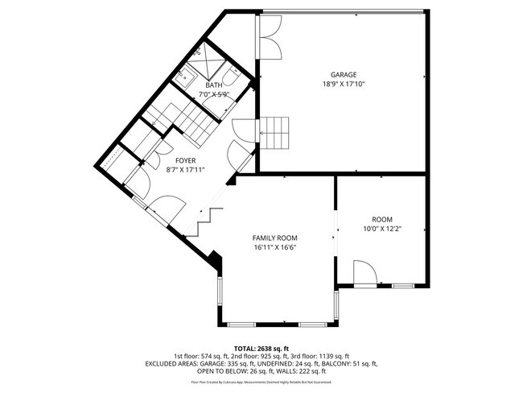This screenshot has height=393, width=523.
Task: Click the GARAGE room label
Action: coord(344,74)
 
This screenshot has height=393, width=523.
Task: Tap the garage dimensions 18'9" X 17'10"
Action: coord(344,83)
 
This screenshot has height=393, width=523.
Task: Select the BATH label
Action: coord(213,85)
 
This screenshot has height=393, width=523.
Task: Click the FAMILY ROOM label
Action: coord(275,238)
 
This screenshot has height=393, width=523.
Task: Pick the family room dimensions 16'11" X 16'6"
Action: coord(275,248)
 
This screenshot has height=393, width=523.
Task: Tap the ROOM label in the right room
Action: coord(381,220)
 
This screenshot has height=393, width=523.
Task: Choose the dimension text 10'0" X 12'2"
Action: coord(381,229)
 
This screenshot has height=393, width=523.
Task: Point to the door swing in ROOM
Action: coord(363,273)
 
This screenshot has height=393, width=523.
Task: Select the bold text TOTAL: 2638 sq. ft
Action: coord(261,348)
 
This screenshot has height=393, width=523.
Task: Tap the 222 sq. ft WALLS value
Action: coord(313,371)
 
